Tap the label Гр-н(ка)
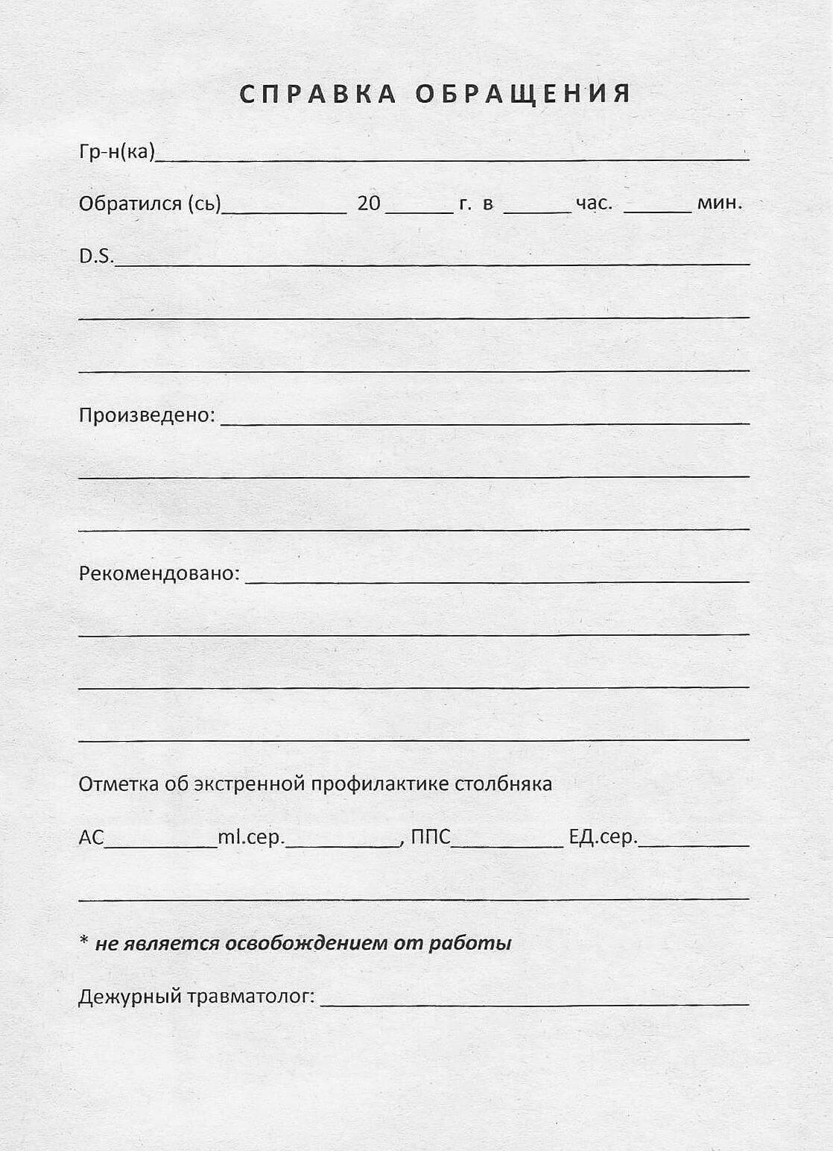pyautogui.click(x=117, y=152)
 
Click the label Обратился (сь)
pyautogui.click(x=150, y=204)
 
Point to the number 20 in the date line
pyautogui.click(x=369, y=203)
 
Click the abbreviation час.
pyautogui.click(x=594, y=203)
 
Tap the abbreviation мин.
pyautogui.click(x=720, y=203)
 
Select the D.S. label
pyautogui.click(x=97, y=256)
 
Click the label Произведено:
pyautogui.click(x=147, y=415)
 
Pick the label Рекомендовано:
pyautogui.click(x=159, y=574)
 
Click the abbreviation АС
pyautogui.click(x=92, y=837)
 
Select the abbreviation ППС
pyautogui.click(x=431, y=837)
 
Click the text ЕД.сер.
pyautogui.click(x=603, y=837)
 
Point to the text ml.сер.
pyautogui.click(x=251, y=837)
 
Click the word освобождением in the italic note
pyautogui.click(x=306, y=943)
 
